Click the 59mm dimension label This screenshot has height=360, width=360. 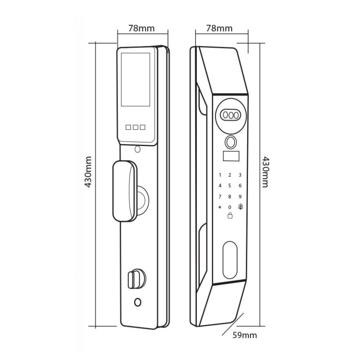(x=245, y=335)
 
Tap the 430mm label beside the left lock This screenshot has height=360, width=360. (x=88, y=172)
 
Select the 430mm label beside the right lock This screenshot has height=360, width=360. (x=266, y=172)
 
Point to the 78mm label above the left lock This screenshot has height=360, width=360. (x=142, y=28)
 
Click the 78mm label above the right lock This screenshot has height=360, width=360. (x=219, y=28)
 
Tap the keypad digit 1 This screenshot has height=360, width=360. (x=220, y=175)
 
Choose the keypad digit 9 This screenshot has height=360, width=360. (x=240, y=196)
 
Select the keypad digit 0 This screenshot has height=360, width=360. (x=230, y=207)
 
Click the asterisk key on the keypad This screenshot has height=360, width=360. (x=220, y=207)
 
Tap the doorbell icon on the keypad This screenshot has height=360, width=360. (x=240, y=206)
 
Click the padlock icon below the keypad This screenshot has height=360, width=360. (x=230, y=216)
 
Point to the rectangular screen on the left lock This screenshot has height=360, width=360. (x=136, y=80)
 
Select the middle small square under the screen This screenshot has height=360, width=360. (x=136, y=127)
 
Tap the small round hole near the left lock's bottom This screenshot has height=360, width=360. (x=138, y=302)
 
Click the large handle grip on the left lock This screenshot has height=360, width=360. (x=124, y=191)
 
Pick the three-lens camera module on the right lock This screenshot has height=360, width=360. (x=230, y=115)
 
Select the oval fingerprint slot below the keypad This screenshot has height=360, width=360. (x=230, y=260)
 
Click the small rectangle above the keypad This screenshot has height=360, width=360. (x=231, y=156)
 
